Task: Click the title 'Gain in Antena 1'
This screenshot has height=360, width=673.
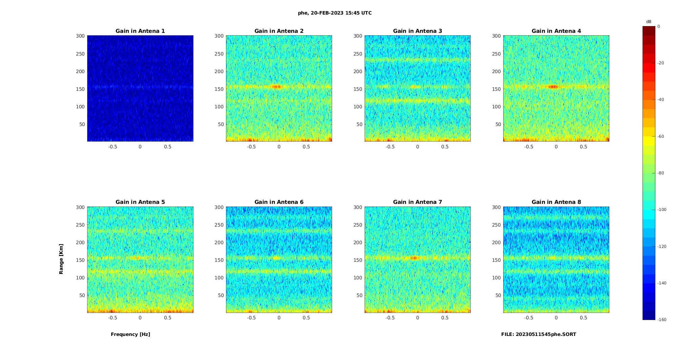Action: pos(140,31)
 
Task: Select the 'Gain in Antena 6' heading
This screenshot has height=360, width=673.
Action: pos(279,202)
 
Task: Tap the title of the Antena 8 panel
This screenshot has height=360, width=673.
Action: pos(556,202)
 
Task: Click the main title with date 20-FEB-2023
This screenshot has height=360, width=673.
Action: pos(335,13)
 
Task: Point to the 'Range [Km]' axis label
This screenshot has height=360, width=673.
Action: pos(61,259)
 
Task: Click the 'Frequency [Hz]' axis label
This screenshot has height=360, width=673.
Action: pos(130,334)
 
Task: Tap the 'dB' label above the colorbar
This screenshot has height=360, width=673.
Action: pos(649,22)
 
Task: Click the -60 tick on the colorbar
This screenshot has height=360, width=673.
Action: pos(660,136)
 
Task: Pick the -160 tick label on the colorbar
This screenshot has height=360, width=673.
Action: pos(661,320)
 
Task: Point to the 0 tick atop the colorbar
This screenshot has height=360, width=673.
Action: pos(659,26)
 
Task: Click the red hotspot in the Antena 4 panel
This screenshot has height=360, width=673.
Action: pos(553,87)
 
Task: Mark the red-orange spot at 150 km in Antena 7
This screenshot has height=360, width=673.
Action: pos(414,258)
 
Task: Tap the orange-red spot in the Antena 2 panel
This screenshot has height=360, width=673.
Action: pos(277,87)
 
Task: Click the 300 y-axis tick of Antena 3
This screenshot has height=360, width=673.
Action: pos(358,36)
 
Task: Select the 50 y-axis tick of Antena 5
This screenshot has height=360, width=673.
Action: pos(82,295)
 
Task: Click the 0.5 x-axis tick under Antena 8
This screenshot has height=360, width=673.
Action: pos(583,318)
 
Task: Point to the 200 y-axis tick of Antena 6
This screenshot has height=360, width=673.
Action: pos(219,242)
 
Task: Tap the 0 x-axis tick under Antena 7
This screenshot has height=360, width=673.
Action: pos(417,318)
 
